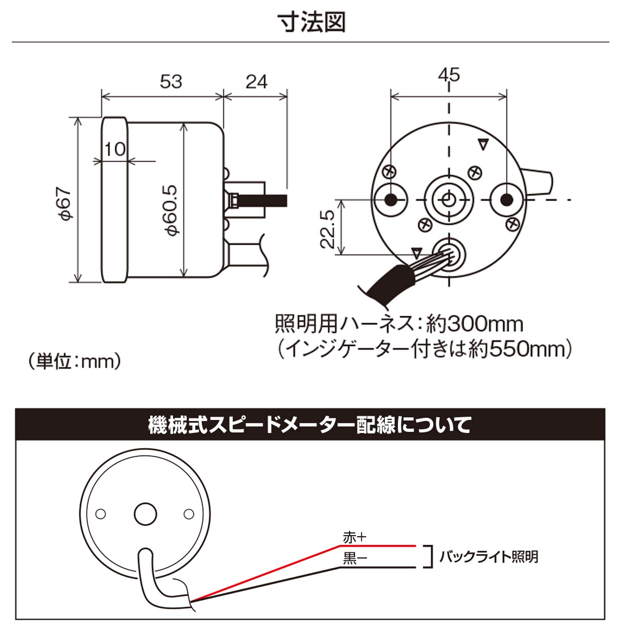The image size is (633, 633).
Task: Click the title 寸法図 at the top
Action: tap(311, 22)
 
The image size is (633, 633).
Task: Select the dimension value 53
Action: tap(171, 81)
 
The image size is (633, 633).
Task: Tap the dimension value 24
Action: tap(256, 82)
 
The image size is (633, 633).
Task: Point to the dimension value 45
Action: tap(449, 75)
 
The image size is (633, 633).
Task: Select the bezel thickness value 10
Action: tap(115, 149)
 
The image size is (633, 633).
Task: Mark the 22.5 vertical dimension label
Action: tap(327, 229)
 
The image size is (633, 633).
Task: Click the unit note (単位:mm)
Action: tap(75, 361)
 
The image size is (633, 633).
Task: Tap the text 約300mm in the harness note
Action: tap(474, 324)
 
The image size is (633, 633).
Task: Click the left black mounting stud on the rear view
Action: tap(391, 200)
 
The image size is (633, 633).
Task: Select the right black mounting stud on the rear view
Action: tap(507, 200)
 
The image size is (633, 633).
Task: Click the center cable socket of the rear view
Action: tap(449, 200)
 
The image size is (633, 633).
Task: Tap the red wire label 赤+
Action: tap(354, 538)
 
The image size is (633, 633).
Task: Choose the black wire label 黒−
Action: tap(354, 558)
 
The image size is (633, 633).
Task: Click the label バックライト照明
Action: tap(489, 557)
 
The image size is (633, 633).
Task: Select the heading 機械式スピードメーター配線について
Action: tap(310, 425)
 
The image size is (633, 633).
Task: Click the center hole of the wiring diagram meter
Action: tap(145, 514)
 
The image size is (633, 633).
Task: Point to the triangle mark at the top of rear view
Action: tap(483, 145)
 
